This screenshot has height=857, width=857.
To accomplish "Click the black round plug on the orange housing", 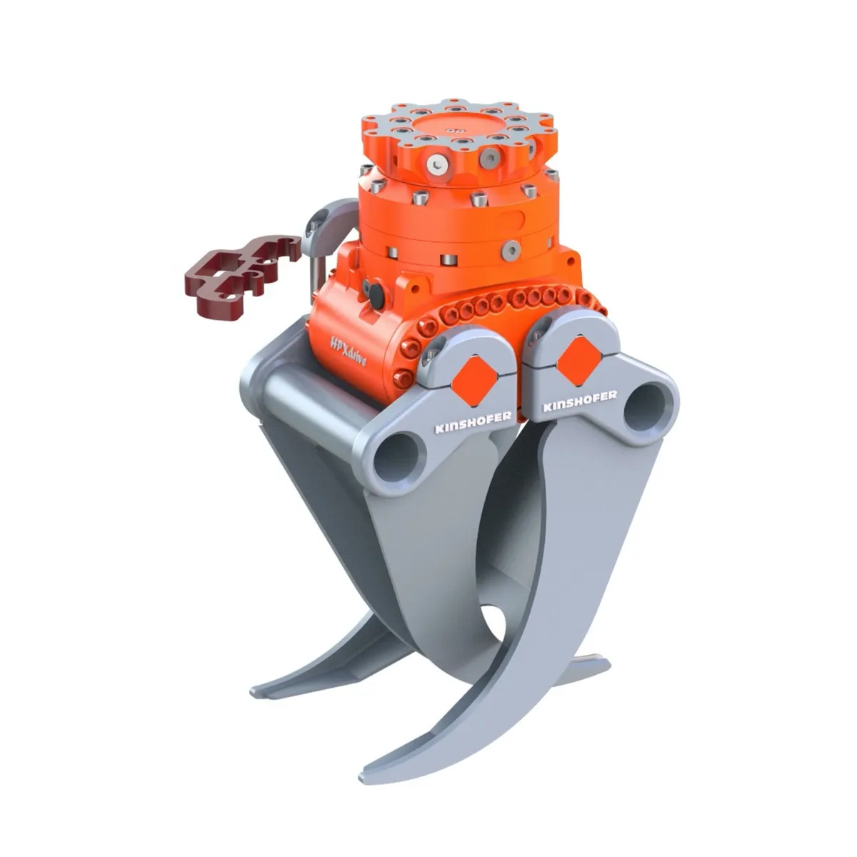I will pyautogui.click(x=373, y=291).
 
